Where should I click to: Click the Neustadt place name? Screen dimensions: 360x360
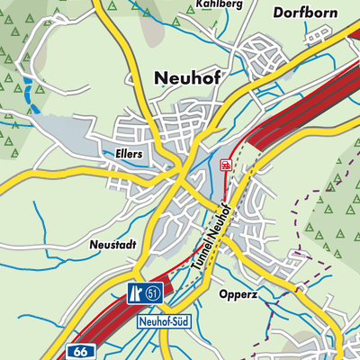(115, 244)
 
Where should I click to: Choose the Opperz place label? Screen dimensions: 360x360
(238, 294)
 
